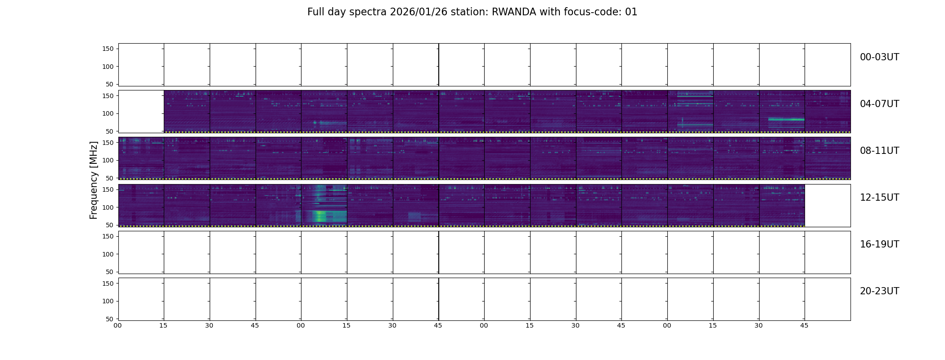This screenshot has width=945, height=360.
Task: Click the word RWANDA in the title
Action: coord(513,12)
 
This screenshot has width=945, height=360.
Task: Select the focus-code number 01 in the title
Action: coord(631,12)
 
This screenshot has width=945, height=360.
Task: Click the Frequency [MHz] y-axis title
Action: coord(94,180)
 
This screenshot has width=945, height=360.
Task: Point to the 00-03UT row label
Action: coord(879,57)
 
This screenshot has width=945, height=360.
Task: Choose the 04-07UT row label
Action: coord(879,104)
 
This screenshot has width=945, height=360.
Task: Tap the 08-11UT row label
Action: coord(879,151)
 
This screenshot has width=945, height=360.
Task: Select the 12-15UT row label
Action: coord(879,198)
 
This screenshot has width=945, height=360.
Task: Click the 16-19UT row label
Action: coord(879,244)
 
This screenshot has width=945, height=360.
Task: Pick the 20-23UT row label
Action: coord(879,291)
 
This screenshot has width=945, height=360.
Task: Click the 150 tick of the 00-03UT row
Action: coord(108,49)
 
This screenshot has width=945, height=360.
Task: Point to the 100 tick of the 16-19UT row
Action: coord(108,254)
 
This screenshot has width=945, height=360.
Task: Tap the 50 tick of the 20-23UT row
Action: coord(110,319)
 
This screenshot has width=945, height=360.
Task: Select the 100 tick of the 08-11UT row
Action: coord(108,161)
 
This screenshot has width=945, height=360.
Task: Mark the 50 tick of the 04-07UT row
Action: coord(110,131)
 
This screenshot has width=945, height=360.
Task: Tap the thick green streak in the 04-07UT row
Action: coord(786,119)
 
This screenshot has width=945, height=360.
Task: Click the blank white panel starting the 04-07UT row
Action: coord(141,112)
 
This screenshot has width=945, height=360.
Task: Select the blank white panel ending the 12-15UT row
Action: coord(828,206)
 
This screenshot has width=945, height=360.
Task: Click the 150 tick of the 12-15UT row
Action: coord(108,189)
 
